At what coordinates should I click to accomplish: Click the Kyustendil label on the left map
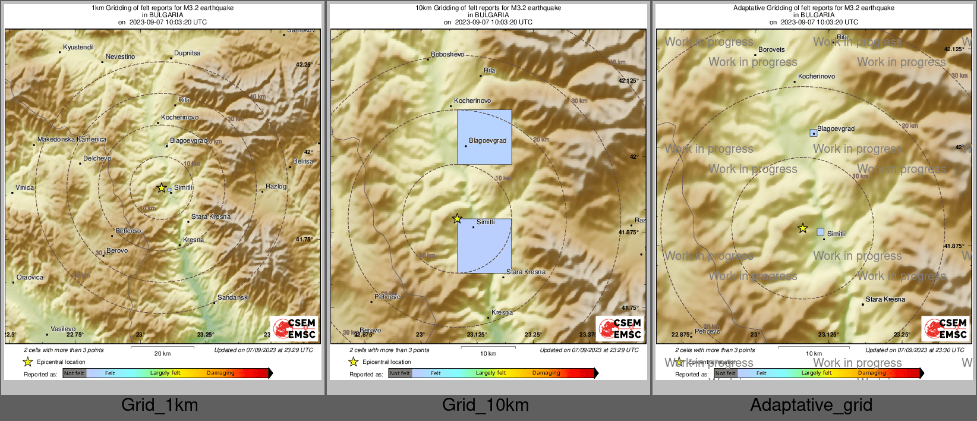pyautogui.click(x=78, y=47)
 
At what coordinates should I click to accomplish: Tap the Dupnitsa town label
pyautogui.click(x=187, y=53)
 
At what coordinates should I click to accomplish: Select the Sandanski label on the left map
pyautogui.click(x=233, y=297)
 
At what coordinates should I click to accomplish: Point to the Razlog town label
pyautogui.click(x=276, y=186)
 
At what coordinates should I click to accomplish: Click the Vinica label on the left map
pyautogui.click(x=24, y=187)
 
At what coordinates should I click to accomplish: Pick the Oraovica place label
pyautogui.click(x=30, y=277)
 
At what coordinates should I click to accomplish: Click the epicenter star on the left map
pyautogui.click(x=162, y=188)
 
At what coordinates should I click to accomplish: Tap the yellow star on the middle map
pyautogui.click(x=457, y=219)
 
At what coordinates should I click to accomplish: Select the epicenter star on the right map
pyautogui.click(x=803, y=228)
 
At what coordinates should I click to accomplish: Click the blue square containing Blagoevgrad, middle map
pyautogui.click(x=484, y=137)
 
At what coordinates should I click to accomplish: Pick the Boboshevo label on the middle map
pyautogui.click(x=447, y=54)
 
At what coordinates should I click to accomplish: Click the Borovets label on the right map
pyautogui.click(x=771, y=49)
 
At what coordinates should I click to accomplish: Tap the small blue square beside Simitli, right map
pyautogui.click(x=821, y=232)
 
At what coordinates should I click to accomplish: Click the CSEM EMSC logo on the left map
pyautogui.click(x=295, y=328)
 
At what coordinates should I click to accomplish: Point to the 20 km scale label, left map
pyautogui.click(x=162, y=353)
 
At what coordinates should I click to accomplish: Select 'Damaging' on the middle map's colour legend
pyautogui.click(x=546, y=373)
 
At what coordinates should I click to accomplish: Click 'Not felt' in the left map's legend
pyautogui.click(x=74, y=373)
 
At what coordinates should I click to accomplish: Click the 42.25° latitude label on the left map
pyautogui.click(x=304, y=64)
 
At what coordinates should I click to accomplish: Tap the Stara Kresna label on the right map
pyautogui.click(x=885, y=299)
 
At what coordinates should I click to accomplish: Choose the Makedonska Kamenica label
pyautogui.click(x=72, y=139)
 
